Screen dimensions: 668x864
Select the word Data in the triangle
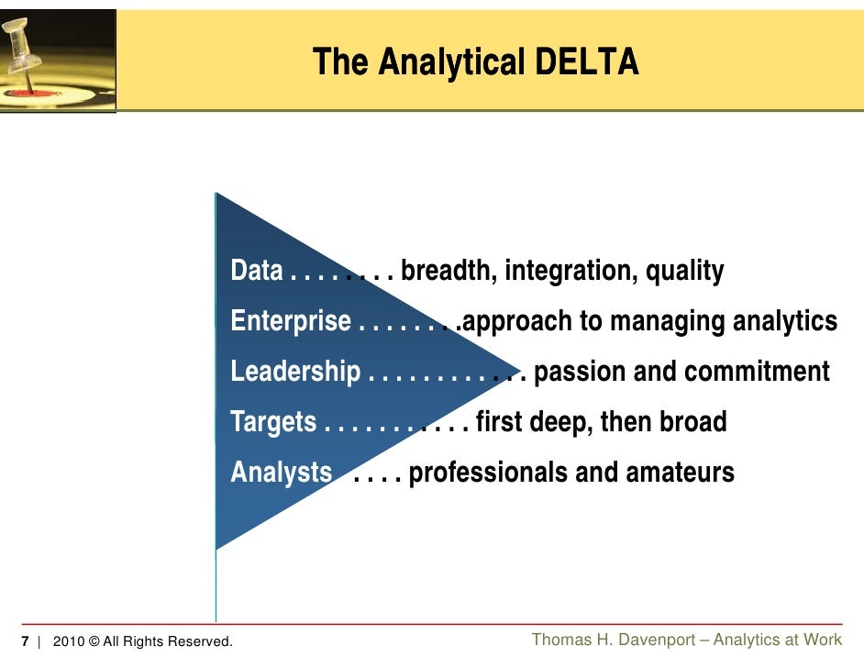[256, 271]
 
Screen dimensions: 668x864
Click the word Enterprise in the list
[291, 321]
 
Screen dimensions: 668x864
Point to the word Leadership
[295, 372]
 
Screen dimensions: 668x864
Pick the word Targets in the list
[273, 422]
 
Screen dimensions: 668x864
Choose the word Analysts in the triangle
[281, 473]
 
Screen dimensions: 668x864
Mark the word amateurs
[680, 473]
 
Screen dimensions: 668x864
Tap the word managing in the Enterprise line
[658, 321]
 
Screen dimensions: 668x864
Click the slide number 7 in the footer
[25, 641]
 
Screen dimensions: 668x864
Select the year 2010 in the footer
[69, 641]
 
